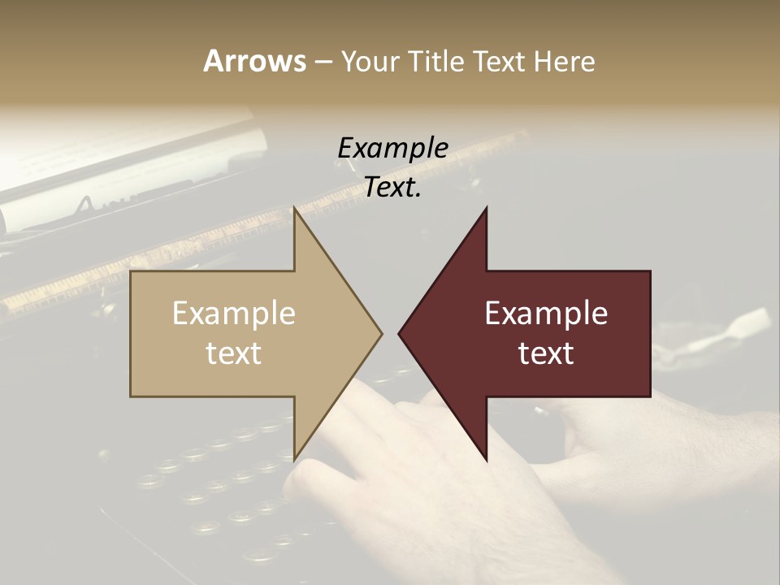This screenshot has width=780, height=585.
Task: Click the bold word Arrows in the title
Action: point(254,61)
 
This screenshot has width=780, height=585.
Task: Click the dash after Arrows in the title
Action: point(323,63)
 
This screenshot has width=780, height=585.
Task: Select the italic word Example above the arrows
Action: point(392,149)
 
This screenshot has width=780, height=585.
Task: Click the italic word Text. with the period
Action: point(392,188)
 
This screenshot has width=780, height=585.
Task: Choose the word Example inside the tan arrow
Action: point(234,313)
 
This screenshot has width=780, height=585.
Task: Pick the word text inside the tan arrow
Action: point(234,353)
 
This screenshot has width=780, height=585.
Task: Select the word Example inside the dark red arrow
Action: point(546,313)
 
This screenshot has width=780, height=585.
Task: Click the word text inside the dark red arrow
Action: point(546,353)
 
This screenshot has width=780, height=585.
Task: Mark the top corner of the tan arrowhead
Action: point(295,208)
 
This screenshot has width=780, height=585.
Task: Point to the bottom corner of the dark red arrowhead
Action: point(486,459)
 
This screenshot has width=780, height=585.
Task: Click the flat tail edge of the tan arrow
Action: point(132,333)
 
